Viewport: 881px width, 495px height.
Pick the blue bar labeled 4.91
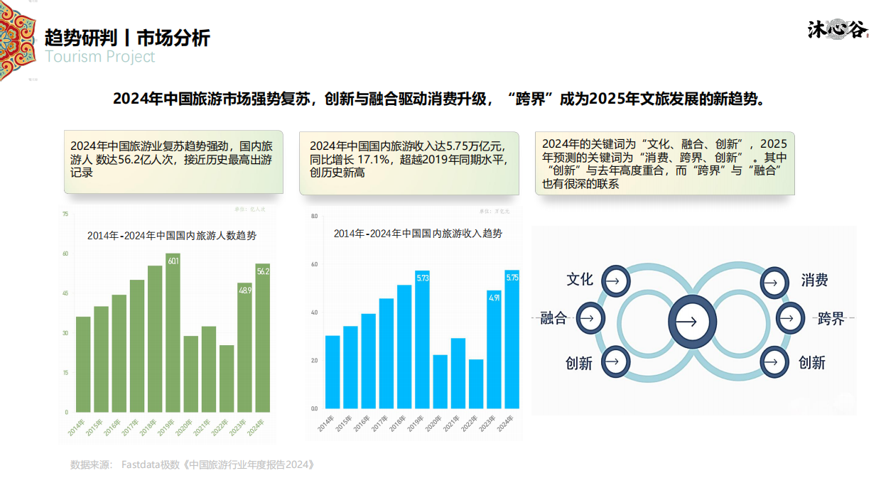(x=494, y=349)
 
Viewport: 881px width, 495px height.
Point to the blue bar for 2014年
(x=333, y=371)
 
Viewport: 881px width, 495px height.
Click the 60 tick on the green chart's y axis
(x=65, y=254)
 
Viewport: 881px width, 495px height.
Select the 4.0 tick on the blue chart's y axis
(x=314, y=312)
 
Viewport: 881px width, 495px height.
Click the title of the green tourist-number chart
(x=172, y=236)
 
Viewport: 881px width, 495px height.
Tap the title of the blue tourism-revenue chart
(x=418, y=233)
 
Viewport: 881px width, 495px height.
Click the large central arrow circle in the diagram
(x=686, y=320)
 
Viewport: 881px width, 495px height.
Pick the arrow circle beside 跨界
(x=789, y=318)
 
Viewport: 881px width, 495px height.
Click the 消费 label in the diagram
(x=814, y=281)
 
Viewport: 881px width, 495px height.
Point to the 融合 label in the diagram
(x=553, y=318)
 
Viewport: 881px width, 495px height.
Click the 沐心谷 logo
(x=838, y=29)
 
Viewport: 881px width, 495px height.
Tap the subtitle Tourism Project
(x=99, y=57)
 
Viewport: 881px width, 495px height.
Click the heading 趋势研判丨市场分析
(x=127, y=37)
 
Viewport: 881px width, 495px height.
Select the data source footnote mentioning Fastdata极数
(x=192, y=465)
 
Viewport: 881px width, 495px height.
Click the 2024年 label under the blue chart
(x=505, y=425)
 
